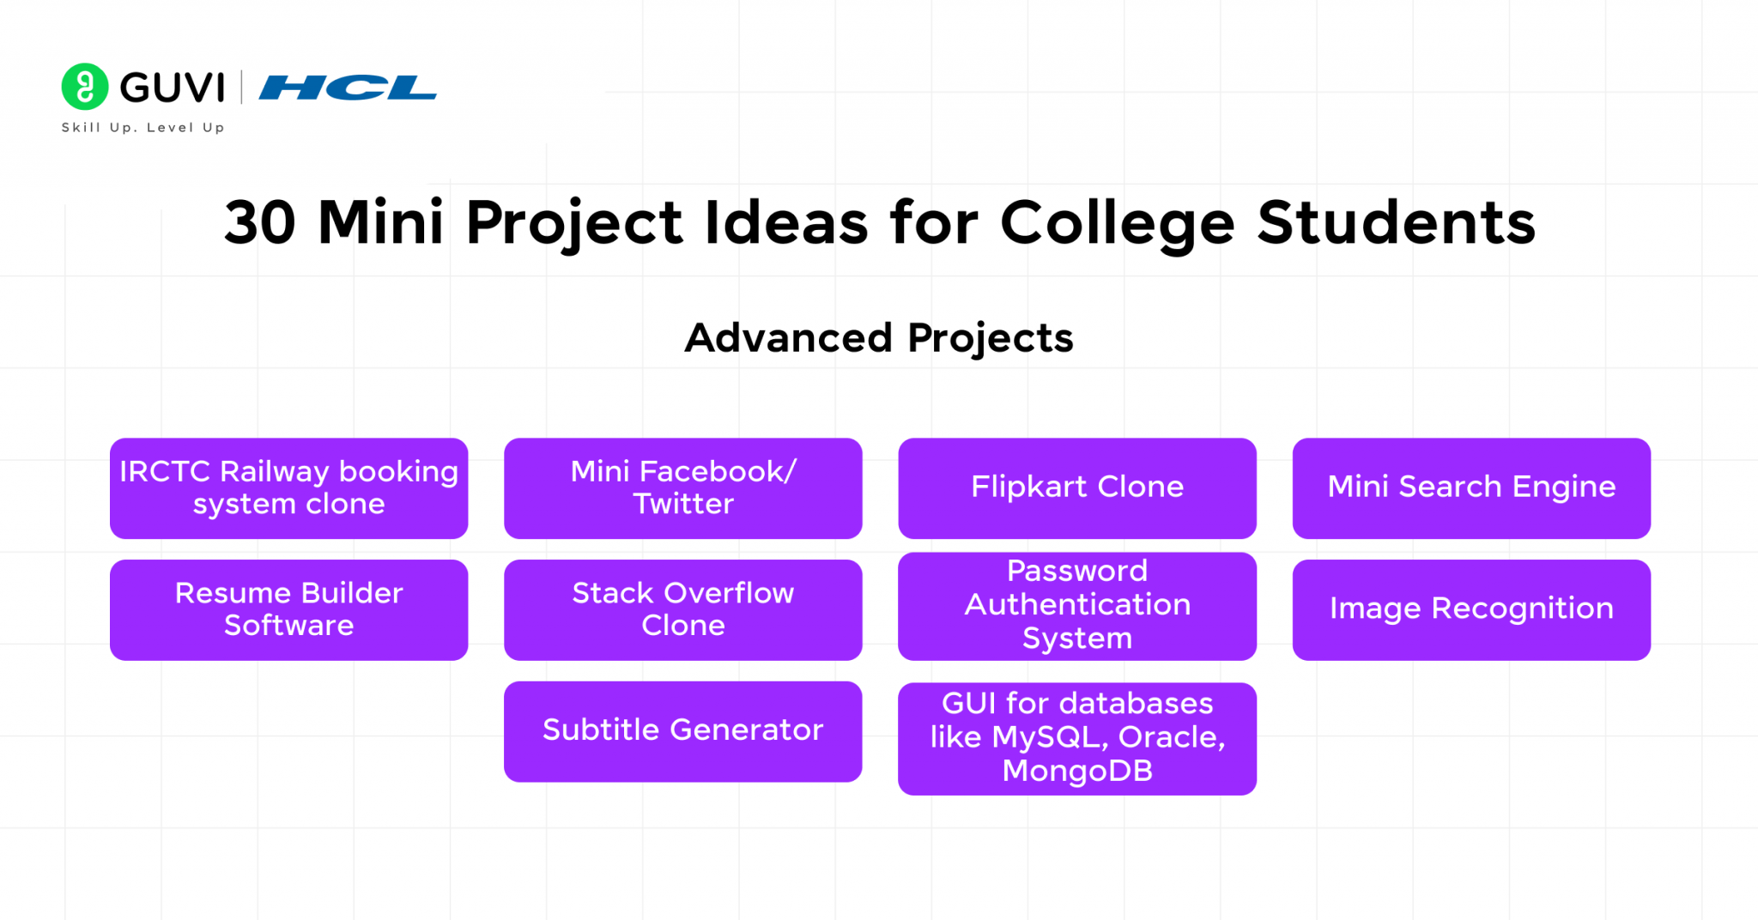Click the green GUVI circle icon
[x=85, y=87]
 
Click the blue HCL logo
[x=348, y=88]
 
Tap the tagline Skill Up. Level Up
[x=142, y=127]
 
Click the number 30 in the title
[x=260, y=223]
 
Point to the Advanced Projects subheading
[x=879, y=338]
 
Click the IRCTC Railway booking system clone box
[x=288, y=488]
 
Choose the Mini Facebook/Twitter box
[x=682, y=488]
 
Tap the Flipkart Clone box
[x=1076, y=488]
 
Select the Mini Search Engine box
[x=1471, y=488]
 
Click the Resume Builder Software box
[x=288, y=609]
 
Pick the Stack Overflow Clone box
[x=682, y=609]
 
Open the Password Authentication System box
[x=1076, y=606]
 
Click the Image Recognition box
[x=1471, y=609]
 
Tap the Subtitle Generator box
[x=682, y=731]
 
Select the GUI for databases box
[x=1076, y=738]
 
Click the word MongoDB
[x=1077, y=771]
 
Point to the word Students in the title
[x=1396, y=223]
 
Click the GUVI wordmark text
[x=173, y=88]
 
